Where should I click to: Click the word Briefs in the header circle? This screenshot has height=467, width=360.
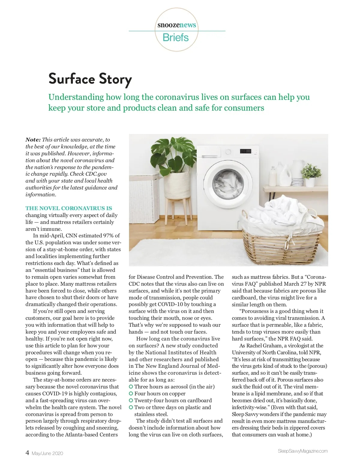click(175, 37)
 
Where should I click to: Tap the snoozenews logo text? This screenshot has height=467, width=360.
click(177, 25)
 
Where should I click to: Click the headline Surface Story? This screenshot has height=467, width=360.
click(90, 79)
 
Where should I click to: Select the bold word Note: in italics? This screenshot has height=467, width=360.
click(33, 140)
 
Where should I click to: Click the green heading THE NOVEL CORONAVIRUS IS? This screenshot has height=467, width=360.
click(69, 208)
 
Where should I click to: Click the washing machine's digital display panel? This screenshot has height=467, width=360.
click(246, 151)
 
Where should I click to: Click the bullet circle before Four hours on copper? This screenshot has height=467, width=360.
click(131, 394)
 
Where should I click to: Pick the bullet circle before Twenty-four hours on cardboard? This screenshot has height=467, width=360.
click(131, 400)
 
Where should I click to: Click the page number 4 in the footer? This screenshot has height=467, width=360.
click(27, 453)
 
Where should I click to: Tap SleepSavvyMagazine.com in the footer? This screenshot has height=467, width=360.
click(303, 451)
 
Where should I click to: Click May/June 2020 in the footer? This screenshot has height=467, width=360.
click(47, 454)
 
